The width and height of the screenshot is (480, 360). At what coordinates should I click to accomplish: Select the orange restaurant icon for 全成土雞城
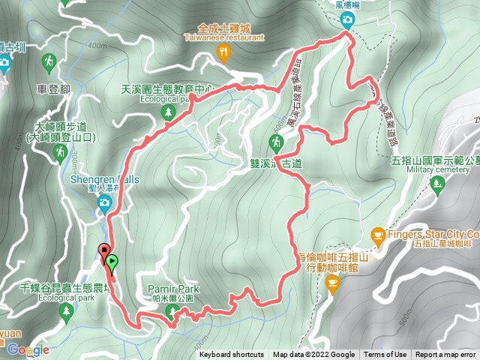click(223, 52)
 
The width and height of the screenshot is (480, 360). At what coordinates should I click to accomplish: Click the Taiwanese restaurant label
click(223, 35)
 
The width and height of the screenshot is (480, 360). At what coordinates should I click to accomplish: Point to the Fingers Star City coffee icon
click(378, 237)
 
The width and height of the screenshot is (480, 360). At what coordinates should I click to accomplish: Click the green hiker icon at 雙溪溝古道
click(276, 142)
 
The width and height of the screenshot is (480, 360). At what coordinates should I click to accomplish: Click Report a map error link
click(446, 355)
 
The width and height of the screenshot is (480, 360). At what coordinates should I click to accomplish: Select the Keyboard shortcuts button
click(232, 355)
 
